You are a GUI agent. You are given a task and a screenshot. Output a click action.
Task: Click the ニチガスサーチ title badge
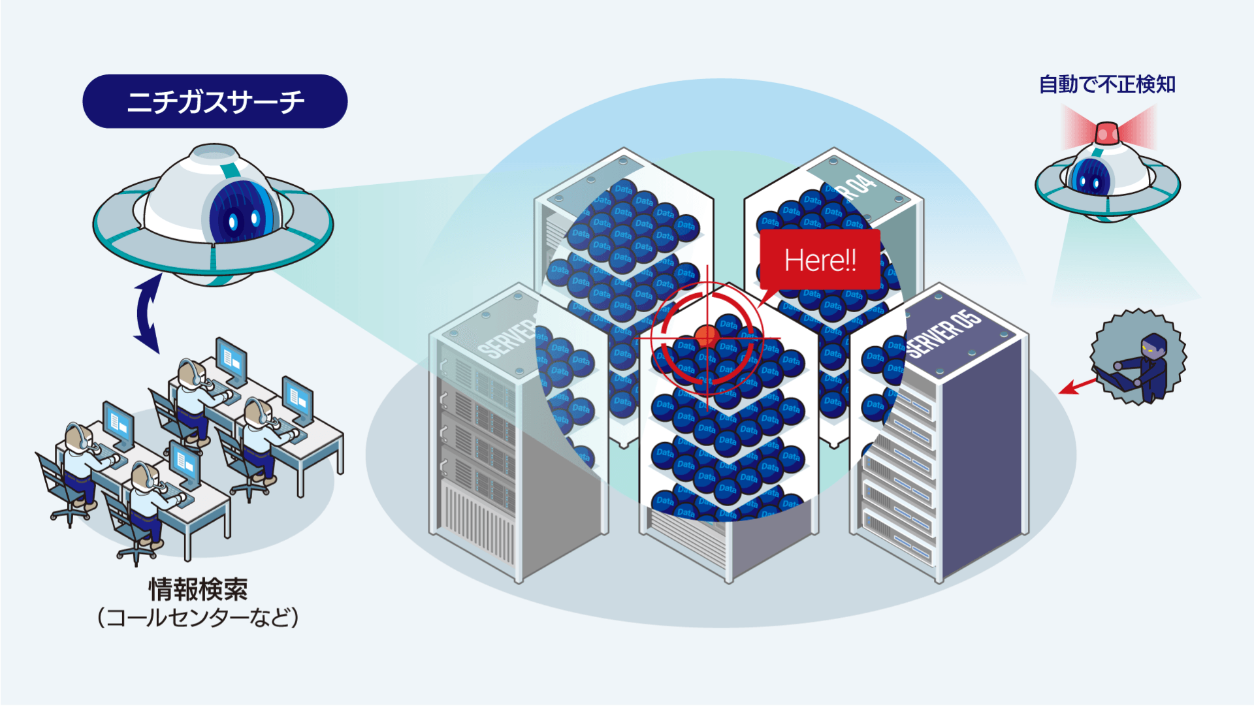coord(215,101)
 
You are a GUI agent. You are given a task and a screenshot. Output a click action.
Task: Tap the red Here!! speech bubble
coord(820,260)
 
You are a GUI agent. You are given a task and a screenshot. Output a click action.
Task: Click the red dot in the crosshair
coord(706,337)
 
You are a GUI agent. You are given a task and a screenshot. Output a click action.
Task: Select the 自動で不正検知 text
coord(1107,84)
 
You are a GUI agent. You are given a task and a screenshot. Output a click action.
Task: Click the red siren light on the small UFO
coord(1106,133)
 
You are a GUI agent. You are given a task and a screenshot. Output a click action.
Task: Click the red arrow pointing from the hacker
coord(1078,385)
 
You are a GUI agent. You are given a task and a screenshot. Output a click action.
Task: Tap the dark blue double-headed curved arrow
coord(148,314)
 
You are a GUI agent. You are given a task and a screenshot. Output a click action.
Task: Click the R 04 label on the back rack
coord(859,185)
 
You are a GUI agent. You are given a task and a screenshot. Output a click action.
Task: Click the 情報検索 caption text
coord(198,589)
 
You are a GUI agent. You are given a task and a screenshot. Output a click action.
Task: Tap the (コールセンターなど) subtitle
coord(198,617)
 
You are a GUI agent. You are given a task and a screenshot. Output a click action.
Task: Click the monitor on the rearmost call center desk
coord(231,359)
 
